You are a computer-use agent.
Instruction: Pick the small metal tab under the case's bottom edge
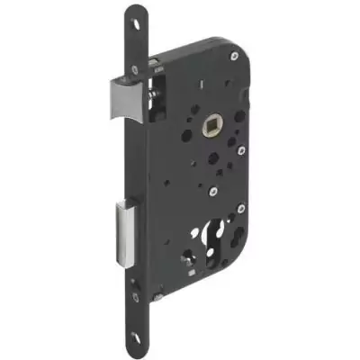158,300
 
